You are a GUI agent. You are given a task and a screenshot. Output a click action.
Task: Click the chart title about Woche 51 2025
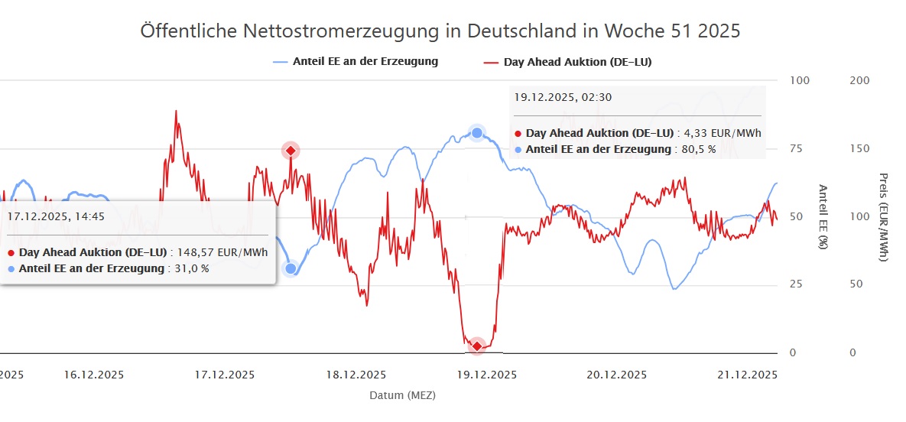coord(440,31)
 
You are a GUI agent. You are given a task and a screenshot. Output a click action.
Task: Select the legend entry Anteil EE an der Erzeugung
coord(365,61)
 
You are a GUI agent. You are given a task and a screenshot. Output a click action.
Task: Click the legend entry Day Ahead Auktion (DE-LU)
coord(577,61)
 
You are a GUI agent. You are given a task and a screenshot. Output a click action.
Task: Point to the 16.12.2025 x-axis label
coord(93,375)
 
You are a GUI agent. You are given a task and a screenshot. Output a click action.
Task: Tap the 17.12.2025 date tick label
coord(225,375)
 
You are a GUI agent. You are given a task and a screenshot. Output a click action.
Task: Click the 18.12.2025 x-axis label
coord(356,375)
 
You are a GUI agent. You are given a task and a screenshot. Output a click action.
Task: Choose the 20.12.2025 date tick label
coord(617,375)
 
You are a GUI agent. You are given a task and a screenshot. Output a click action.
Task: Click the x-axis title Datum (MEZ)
coord(402,395)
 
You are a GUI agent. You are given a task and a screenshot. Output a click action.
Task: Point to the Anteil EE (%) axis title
coord(823,216)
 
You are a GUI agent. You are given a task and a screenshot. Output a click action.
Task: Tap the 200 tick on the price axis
coord(859,81)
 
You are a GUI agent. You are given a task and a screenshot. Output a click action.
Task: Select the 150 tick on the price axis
coord(859,148)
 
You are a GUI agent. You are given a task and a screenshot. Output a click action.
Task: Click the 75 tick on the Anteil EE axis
coord(797,148)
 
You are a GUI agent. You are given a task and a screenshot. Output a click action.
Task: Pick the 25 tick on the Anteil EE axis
coord(797,284)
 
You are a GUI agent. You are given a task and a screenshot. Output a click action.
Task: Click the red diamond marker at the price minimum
coord(477,346)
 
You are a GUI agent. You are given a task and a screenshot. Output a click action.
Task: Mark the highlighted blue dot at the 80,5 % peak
coord(477,133)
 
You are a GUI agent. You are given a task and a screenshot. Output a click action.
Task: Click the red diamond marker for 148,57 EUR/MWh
coord(291,151)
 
